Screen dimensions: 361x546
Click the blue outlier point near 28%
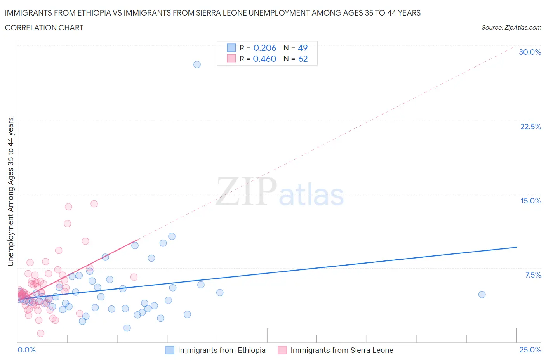click(197, 64)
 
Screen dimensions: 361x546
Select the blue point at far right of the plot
click(482, 294)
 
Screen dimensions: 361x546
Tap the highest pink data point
click(94, 204)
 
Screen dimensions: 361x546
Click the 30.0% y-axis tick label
click(530, 52)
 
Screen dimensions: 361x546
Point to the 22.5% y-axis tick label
click(530, 127)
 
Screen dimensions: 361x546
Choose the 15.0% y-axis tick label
click(530, 201)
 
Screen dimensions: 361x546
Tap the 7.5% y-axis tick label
click(533, 275)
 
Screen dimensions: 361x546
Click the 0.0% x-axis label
click(26, 350)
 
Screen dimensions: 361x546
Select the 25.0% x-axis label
click(530, 350)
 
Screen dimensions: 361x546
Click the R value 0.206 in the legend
click(264, 48)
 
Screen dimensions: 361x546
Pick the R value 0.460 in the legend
click(264, 59)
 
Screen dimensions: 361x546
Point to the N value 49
click(303, 48)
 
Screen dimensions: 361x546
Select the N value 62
click(303, 59)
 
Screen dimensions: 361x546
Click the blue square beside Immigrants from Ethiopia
click(170, 350)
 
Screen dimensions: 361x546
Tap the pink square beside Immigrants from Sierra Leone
click(282, 350)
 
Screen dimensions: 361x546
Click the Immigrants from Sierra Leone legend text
click(342, 350)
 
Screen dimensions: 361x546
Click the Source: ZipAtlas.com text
click(511, 27)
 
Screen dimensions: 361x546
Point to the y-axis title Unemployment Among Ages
click(10, 191)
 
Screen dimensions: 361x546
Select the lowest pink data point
click(40, 333)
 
